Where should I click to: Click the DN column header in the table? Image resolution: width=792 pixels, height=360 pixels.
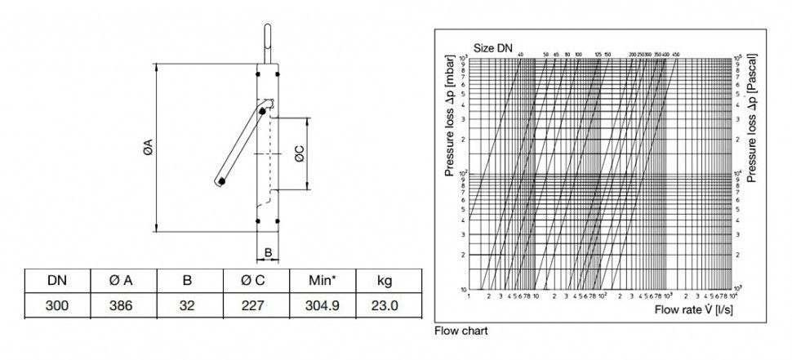pyautogui.click(x=57, y=281)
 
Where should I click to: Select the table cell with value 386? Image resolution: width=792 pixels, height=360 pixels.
pyautogui.click(x=122, y=306)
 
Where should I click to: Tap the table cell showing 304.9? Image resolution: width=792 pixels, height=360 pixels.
pyautogui.click(x=321, y=306)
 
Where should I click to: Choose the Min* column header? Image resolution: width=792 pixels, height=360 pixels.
pyautogui.click(x=321, y=281)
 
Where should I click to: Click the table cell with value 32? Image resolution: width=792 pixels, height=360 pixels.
pyautogui.click(x=187, y=306)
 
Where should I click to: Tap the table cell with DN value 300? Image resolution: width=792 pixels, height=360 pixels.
pyautogui.click(x=57, y=306)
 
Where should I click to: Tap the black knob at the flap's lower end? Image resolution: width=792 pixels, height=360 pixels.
pyautogui.click(x=222, y=181)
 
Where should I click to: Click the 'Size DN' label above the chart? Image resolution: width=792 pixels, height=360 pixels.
pyautogui.click(x=493, y=48)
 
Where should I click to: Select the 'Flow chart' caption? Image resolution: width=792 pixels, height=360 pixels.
pyautogui.click(x=462, y=332)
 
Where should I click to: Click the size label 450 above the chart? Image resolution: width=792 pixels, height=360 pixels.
pyautogui.click(x=675, y=55)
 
